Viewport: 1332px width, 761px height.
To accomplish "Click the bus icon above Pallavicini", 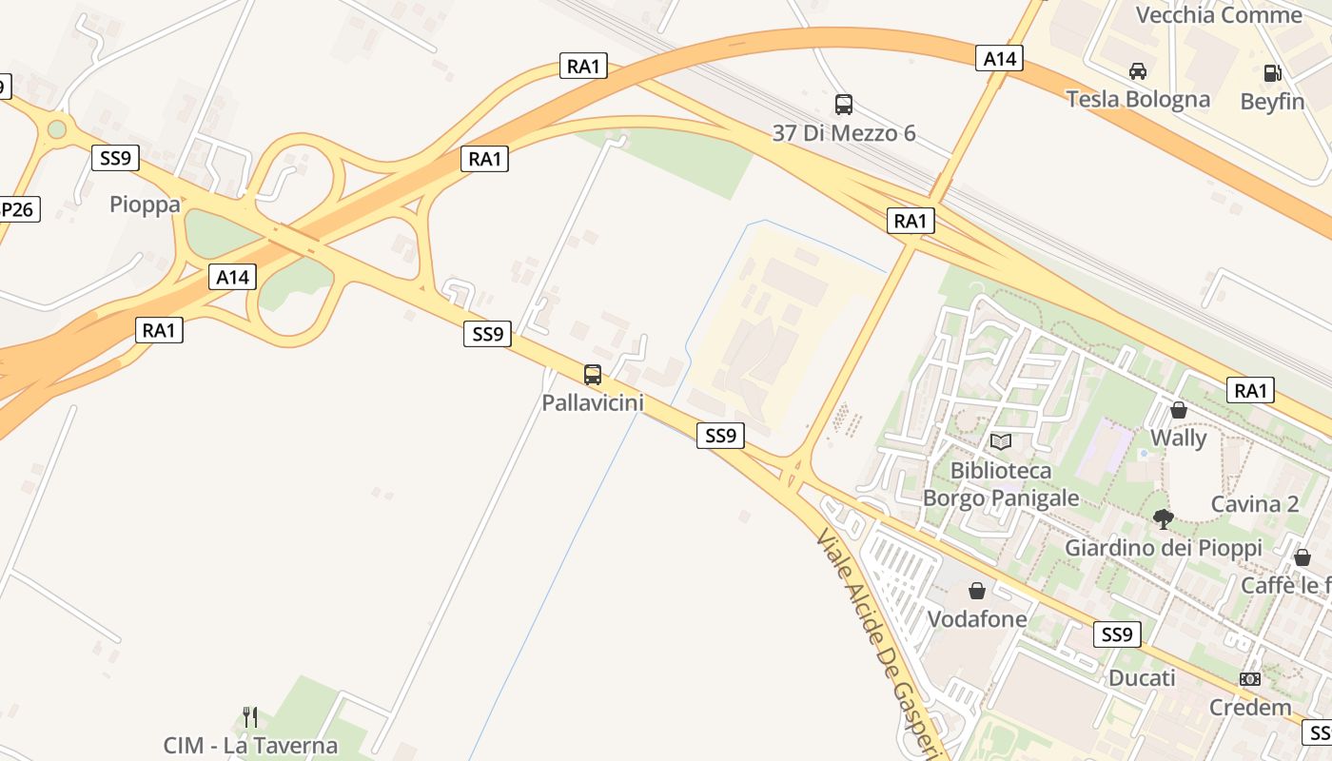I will pos(593,375).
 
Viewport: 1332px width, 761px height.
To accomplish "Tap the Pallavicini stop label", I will pos(593,402).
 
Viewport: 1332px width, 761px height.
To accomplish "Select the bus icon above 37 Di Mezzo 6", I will pos(843,105).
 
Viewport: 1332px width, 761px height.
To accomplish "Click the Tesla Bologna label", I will pos(1138,99).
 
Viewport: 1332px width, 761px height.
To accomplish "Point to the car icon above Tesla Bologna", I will pos(1137,71).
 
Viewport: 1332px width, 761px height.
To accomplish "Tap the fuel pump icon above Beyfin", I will pos(1272,73).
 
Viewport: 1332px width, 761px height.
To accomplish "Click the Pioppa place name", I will pos(145,205).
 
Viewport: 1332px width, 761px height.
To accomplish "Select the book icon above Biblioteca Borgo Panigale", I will pos(1000,441).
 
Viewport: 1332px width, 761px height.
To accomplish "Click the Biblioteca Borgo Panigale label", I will pos(1001,484).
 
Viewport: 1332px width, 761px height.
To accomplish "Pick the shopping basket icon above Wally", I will pos(1179,410).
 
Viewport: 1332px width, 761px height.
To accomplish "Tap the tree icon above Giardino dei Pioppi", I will pos(1163,518).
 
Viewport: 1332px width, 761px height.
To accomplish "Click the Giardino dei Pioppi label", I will pos(1163,548).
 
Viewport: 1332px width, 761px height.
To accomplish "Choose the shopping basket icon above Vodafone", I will pos(976,591).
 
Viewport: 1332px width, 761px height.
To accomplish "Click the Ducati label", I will pos(1142,678).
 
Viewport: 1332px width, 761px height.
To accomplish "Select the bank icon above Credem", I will pos(1250,679).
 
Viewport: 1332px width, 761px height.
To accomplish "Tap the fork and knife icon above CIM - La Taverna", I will pos(250,716).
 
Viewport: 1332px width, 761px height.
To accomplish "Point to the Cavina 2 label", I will pos(1254,504).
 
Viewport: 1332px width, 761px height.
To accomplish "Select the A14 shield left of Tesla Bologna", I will pos(999,59).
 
